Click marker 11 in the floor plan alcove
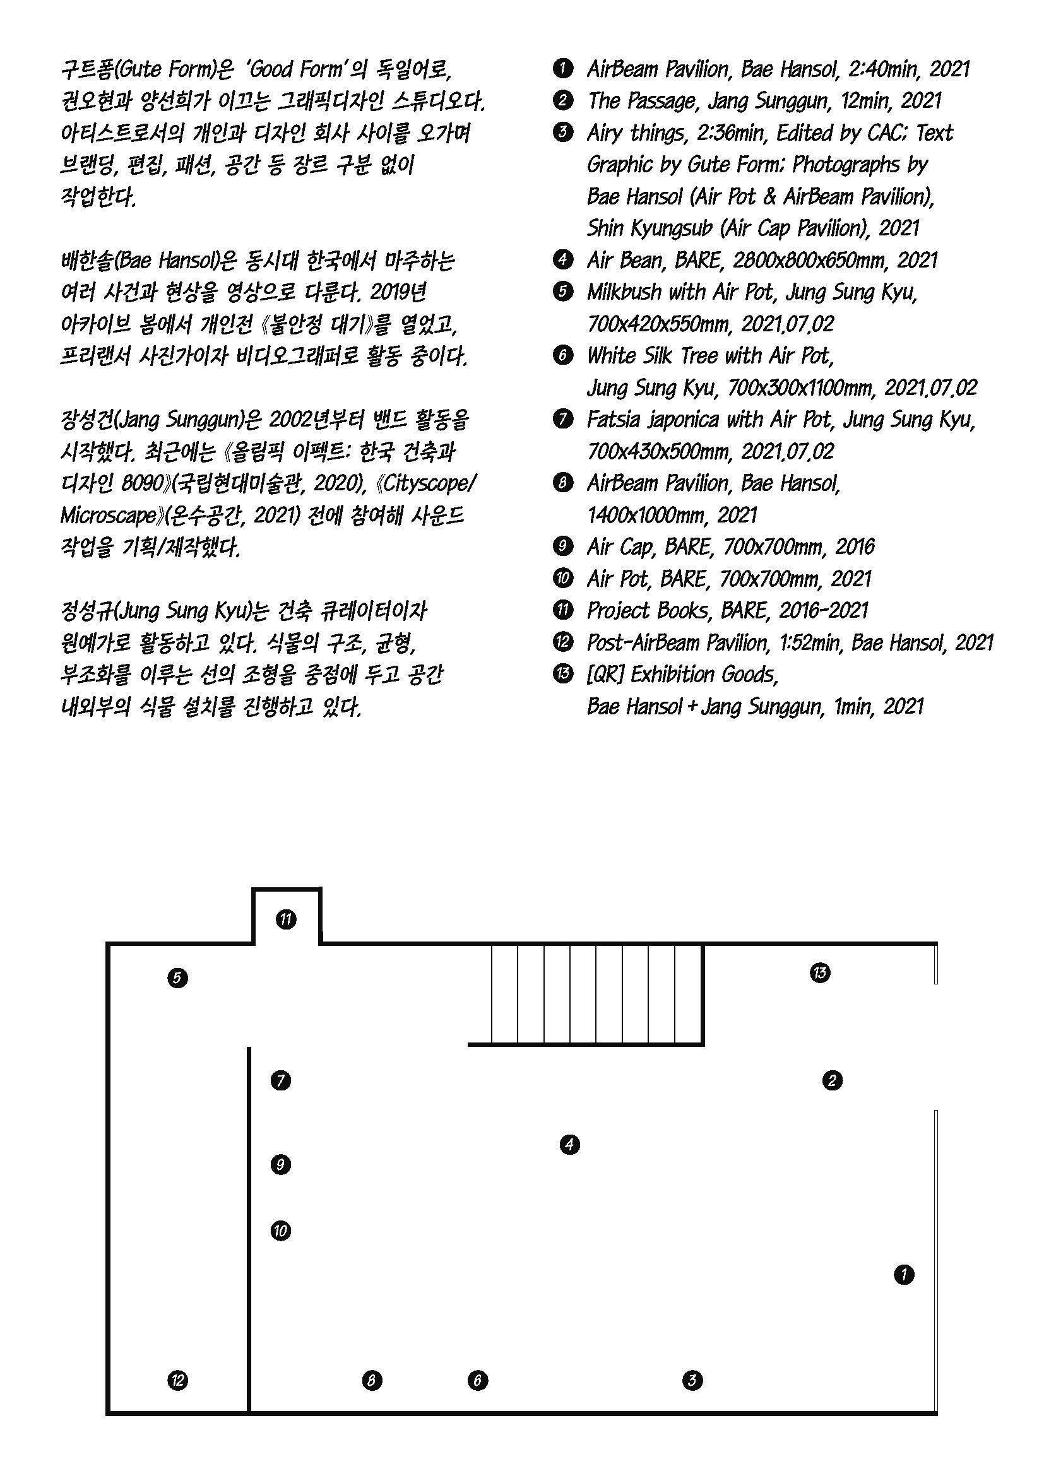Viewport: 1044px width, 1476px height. click(286, 919)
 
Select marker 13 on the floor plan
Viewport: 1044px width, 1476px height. click(820, 972)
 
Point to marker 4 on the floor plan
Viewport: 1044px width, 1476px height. click(569, 1145)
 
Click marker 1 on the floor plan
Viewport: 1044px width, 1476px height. click(904, 1273)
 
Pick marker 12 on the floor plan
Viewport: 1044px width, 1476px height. click(177, 1379)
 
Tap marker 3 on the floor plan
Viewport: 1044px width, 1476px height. click(692, 1379)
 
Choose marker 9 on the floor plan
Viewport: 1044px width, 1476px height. click(280, 1164)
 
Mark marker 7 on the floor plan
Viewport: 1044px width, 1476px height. click(280, 1080)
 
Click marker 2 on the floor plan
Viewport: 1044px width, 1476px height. click(832, 1080)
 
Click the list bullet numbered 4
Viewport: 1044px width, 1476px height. click(562, 261)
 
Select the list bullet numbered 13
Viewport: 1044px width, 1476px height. click(562, 675)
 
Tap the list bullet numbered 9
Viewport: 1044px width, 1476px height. click(562, 547)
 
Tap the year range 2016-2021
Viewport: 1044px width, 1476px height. click(823, 611)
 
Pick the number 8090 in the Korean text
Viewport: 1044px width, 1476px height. click(143, 483)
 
